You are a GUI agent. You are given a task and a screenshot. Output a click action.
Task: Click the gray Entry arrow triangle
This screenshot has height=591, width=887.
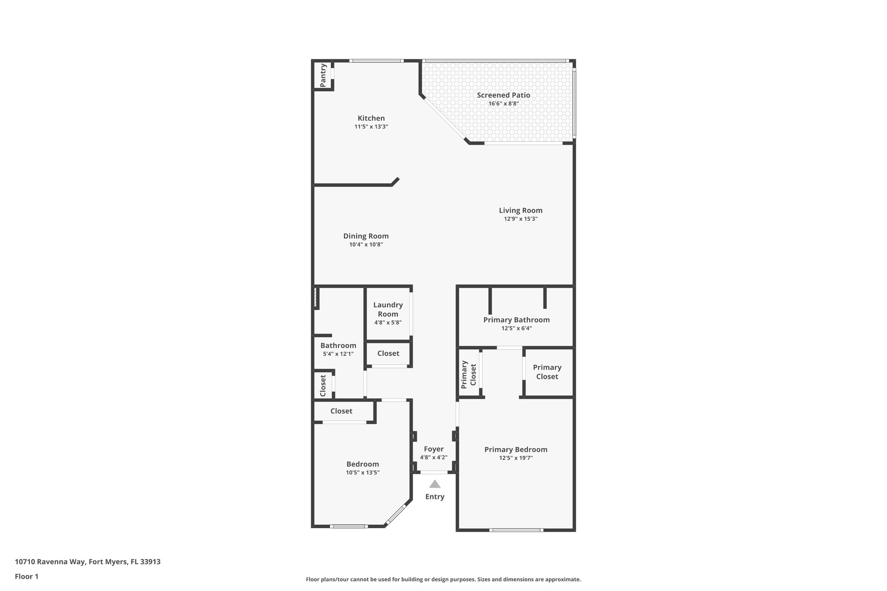click(x=434, y=484)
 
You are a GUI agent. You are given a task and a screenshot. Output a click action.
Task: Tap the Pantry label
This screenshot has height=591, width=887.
click(x=323, y=75)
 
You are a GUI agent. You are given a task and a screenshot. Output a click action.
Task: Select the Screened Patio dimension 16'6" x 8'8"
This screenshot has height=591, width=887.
click(x=503, y=103)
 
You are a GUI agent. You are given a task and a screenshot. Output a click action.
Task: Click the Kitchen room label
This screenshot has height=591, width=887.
click(x=371, y=118)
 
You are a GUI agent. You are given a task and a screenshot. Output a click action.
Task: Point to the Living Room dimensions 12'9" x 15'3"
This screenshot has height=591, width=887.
click(x=521, y=219)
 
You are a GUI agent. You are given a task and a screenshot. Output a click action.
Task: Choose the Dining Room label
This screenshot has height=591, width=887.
click(x=366, y=236)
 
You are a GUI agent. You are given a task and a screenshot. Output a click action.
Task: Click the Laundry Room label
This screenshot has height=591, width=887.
click(x=388, y=309)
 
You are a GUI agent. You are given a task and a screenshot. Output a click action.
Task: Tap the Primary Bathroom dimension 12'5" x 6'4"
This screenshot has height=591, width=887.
click(x=516, y=328)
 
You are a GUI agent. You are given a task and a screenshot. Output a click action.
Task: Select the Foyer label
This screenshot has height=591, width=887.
click(x=434, y=449)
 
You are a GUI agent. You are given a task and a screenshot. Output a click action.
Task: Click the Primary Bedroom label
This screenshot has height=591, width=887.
click(x=516, y=449)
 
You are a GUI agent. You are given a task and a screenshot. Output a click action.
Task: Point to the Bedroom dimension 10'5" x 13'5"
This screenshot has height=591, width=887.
click(x=363, y=472)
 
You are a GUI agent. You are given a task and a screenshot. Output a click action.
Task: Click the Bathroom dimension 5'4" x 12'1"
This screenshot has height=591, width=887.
click(x=338, y=354)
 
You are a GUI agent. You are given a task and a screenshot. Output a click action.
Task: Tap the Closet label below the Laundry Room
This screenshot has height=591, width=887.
click(x=388, y=353)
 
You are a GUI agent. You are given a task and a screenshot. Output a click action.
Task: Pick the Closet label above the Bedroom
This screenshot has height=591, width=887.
click(x=341, y=411)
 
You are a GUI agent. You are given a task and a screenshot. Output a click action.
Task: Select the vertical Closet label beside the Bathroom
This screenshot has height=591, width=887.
click(x=323, y=385)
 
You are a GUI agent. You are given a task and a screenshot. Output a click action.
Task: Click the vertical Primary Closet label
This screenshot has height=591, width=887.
click(x=469, y=374)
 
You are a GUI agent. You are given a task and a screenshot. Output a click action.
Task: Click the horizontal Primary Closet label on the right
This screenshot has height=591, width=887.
click(x=547, y=371)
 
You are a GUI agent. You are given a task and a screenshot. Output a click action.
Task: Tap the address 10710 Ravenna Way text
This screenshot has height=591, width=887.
click(x=87, y=562)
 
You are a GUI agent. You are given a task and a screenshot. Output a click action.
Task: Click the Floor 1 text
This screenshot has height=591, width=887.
click(x=26, y=576)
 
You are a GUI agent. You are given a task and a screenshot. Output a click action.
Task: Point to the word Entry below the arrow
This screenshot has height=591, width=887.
click(x=434, y=497)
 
